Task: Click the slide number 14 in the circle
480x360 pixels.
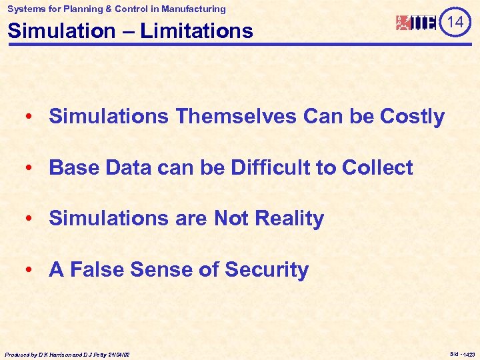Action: point(455,23)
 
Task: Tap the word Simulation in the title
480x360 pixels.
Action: point(58,31)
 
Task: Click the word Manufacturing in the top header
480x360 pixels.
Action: point(191,9)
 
